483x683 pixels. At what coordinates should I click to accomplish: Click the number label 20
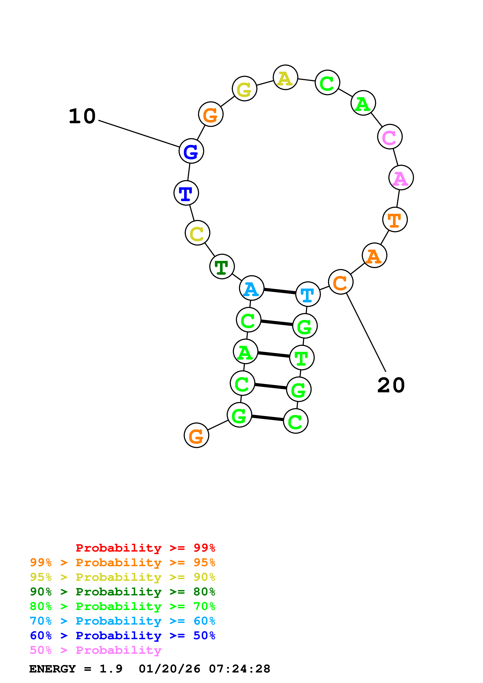391,385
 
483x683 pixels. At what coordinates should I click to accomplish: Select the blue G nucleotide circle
191,151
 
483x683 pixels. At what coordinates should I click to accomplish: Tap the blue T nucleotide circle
186,193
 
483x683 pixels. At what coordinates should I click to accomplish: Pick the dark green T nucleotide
222,267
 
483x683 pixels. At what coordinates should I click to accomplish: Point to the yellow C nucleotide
198,233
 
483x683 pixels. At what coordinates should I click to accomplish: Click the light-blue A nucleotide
252,288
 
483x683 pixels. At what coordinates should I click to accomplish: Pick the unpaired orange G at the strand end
196,435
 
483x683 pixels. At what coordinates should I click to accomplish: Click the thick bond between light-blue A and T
280,291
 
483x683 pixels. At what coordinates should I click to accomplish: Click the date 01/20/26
169,669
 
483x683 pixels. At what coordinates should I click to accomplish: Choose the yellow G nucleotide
245,89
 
